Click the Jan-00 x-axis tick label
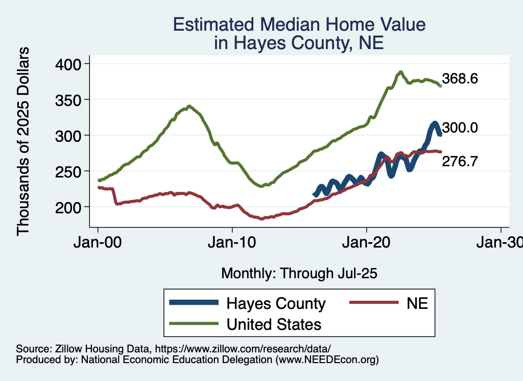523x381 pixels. [98, 242]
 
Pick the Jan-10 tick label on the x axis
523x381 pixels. [232, 242]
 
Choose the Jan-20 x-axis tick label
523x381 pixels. [366, 242]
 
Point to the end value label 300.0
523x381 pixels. [460, 128]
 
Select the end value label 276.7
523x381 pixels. [460, 162]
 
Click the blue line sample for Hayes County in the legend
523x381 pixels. [194, 303]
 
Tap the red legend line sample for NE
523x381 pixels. [373, 303]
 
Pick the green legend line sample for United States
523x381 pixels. [194, 324]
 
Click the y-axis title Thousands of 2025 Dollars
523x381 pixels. [23, 141]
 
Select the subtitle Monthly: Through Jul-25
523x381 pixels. [299, 274]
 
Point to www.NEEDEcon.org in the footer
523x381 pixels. [327, 360]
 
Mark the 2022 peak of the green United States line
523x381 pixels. [401, 72]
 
